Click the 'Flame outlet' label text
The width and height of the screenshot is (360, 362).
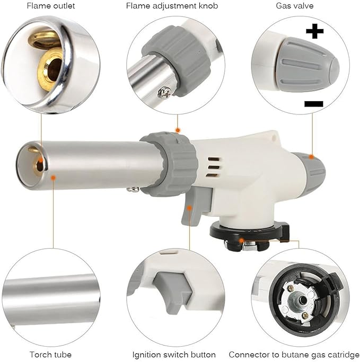click(x=51, y=6)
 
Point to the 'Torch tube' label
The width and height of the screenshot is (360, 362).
click(x=51, y=354)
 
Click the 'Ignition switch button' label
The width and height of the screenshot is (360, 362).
click(x=174, y=354)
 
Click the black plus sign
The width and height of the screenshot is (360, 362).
click(x=314, y=32)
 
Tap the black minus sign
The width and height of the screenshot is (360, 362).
click(x=314, y=103)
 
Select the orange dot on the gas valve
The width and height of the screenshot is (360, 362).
click(x=312, y=157)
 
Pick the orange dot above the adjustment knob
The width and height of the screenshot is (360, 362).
click(x=178, y=129)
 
